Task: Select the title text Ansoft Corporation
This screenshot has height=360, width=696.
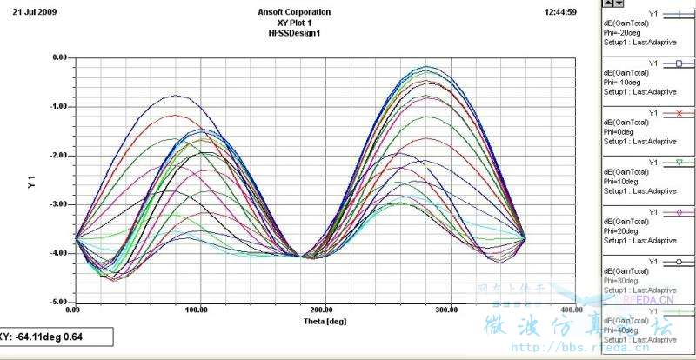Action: click(x=294, y=12)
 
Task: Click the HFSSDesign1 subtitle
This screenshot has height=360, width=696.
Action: click(x=294, y=32)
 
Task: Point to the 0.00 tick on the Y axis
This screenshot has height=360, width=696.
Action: click(x=59, y=57)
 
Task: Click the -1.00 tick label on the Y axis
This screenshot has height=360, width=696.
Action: click(x=58, y=106)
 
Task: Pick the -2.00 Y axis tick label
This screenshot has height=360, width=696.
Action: click(x=58, y=155)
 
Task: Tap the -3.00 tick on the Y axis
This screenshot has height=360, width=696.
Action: click(x=58, y=204)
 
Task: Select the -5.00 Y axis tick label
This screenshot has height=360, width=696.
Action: click(x=58, y=302)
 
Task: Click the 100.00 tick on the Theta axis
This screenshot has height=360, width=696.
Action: click(x=197, y=310)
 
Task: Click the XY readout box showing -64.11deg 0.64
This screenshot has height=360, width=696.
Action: click(x=47, y=336)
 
